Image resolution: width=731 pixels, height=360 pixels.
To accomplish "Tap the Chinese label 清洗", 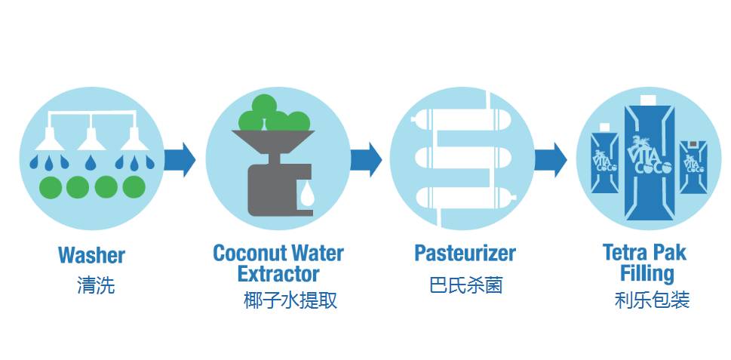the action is pyautogui.click(x=96, y=285).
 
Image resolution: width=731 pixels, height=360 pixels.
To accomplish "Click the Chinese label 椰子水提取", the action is pyautogui.click(x=290, y=300).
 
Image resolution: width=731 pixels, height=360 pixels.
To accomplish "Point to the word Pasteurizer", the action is pyautogui.click(x=465, y=253).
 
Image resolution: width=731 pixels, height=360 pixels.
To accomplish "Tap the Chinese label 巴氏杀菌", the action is pyautogui.click(x=465, y=285).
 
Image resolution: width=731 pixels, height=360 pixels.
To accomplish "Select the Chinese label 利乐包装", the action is pyautogui.click(x=652, y=300).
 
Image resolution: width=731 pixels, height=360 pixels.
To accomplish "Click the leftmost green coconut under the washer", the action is pyautogui.click(x=51, y=186).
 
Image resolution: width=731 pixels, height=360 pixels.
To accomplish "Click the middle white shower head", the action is pyautogui.click(x=91, y=137).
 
